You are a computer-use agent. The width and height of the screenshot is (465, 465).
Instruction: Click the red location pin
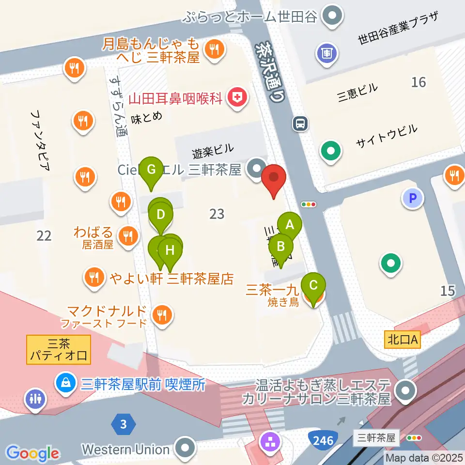coord(274,178)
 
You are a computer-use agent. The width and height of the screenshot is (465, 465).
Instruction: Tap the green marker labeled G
coord(151,170)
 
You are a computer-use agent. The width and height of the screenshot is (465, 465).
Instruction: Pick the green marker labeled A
coord(290,225)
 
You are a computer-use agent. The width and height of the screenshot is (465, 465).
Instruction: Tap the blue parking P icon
coord(413,198)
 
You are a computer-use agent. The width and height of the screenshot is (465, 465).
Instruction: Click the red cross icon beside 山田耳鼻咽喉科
coord(237,98)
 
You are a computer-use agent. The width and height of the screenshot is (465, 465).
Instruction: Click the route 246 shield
coord(323,440)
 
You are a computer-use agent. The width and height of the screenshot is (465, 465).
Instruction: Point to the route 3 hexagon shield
coord(124,425)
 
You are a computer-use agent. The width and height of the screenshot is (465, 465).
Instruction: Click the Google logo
coord(33,453)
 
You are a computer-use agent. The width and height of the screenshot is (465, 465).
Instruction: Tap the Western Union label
coord(125,449)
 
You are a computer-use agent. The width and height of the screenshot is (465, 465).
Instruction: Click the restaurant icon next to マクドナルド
coord(162,315)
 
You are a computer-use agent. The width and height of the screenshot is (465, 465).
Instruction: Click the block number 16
coord(418,82)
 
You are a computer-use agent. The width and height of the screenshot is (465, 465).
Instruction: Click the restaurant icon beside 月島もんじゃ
coord(214,49)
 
